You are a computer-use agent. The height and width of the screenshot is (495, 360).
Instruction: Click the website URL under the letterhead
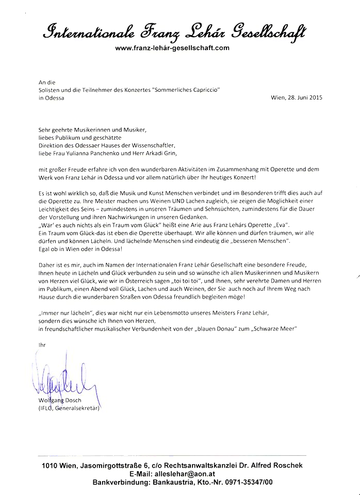(172, 48)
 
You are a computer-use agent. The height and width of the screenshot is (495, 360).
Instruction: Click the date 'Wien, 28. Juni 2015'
(296, 98)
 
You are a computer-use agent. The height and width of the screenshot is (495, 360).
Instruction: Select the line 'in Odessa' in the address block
(52, 98)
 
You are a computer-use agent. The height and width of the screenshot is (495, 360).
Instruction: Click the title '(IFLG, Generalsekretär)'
(68, 408)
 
